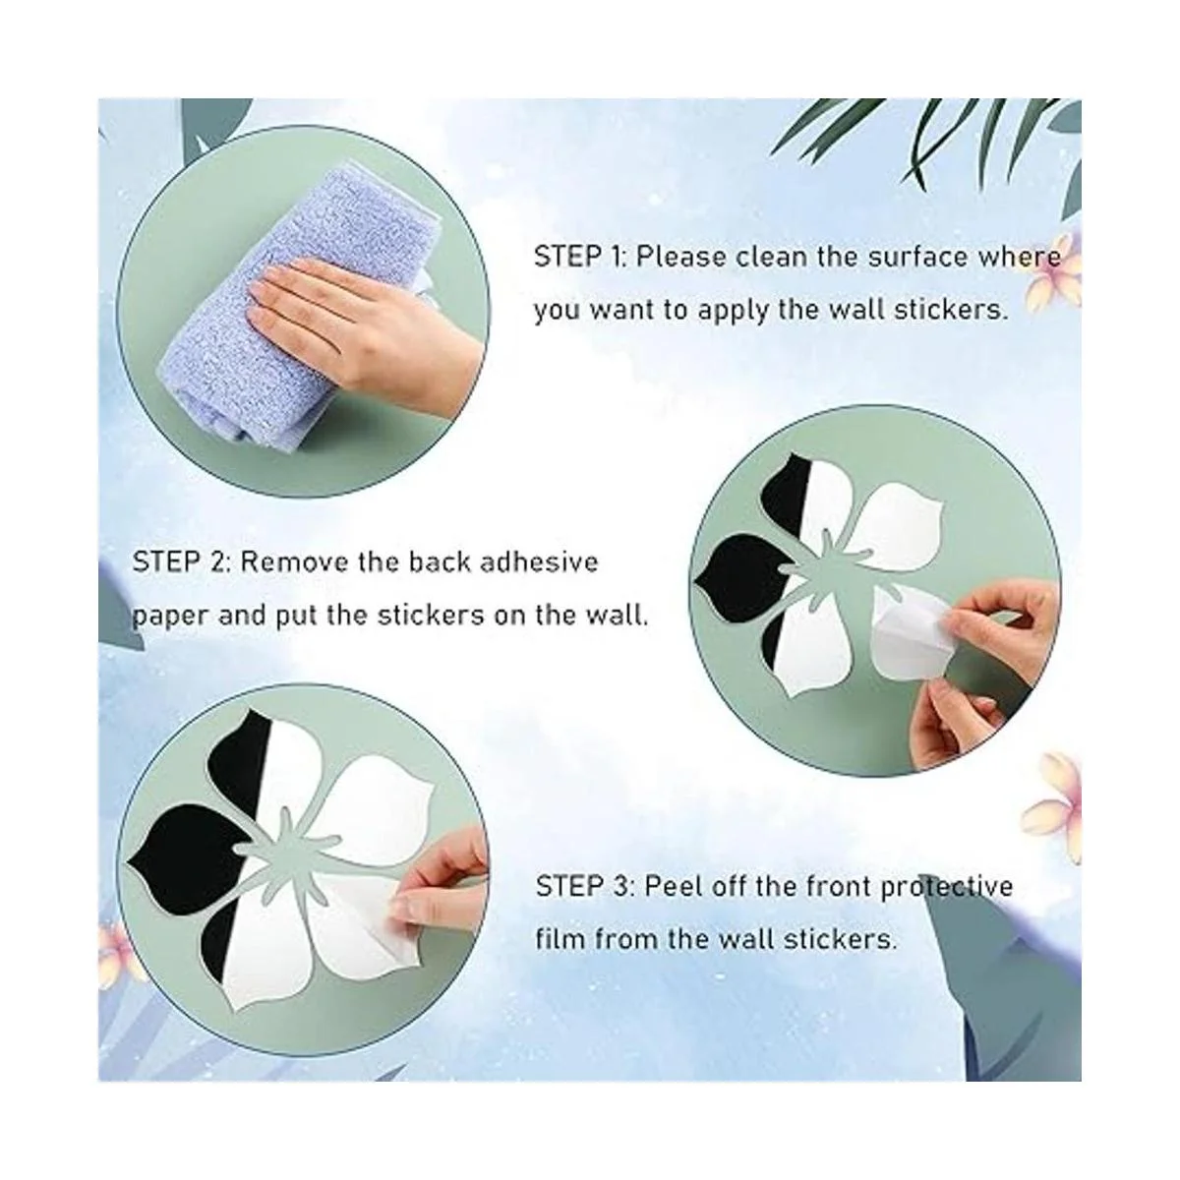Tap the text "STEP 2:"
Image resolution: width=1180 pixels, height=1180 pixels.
click(x=180, y=561)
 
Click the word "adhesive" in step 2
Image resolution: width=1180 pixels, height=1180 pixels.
click(x=539, y=561)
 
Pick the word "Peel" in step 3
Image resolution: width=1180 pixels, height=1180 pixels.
click(x=670, y=886)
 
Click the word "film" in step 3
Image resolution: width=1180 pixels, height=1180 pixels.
click(x=560, y=938)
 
